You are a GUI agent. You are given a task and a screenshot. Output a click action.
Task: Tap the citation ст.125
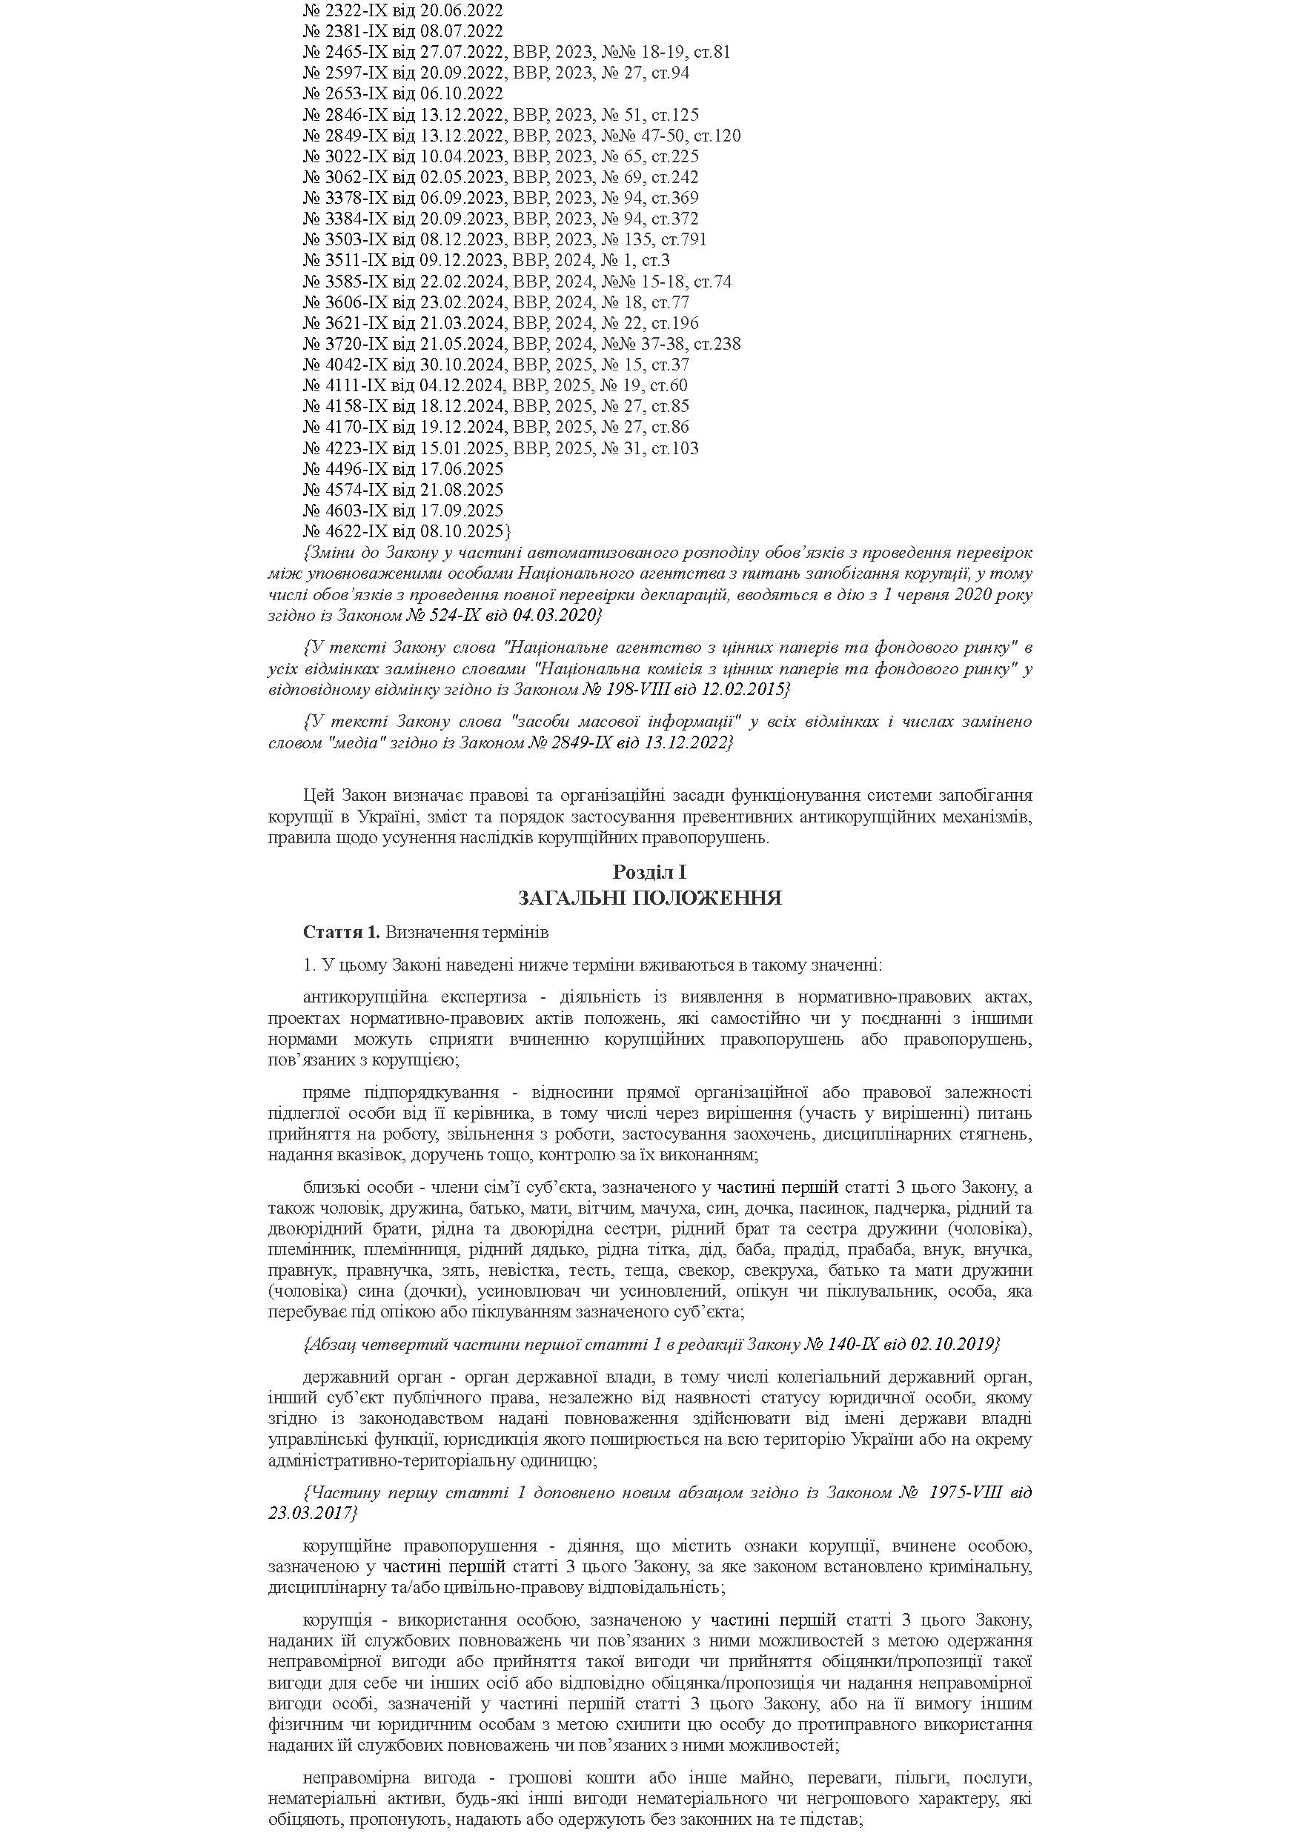(x=675, y=116)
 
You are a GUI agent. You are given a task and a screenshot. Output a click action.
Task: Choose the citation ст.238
(x=717, y=345)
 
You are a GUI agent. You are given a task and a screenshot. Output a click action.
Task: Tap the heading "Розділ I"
(x=649, y=872)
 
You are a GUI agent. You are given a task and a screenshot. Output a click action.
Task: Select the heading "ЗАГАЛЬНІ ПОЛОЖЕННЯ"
(x=649, y=898)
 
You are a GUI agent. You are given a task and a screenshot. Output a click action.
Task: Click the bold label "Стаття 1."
(x=341, y=932)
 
